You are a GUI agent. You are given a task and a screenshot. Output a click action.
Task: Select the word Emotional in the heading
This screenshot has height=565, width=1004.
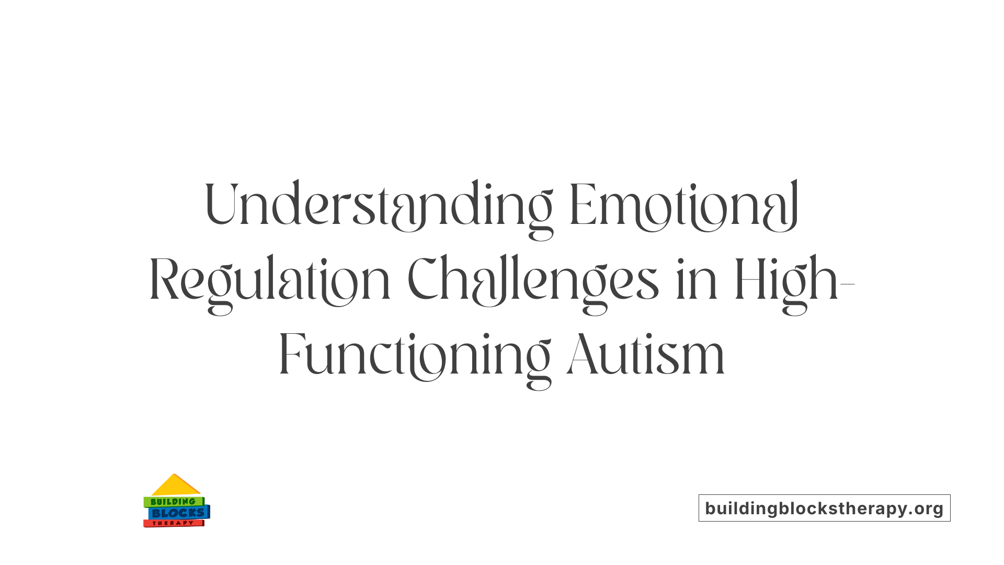click(684, 205)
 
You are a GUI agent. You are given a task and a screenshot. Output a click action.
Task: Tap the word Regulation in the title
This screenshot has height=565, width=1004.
click(270, 280)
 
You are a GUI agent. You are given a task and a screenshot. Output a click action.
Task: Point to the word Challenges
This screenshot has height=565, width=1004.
click(532, 280)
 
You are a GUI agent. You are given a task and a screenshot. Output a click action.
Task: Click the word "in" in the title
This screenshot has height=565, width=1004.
click(697, 280)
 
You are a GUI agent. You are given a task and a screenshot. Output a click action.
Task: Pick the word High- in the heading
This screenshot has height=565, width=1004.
click(794, 280)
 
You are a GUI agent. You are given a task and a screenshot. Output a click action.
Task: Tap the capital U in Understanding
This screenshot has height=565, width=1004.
click(221, 204)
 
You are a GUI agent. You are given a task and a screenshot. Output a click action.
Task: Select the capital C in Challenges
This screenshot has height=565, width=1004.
click(423, 279)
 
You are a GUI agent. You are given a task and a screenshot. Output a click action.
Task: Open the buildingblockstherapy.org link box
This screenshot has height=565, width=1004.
click(824, 508)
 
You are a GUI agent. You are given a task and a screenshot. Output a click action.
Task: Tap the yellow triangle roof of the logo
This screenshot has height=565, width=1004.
click(175, 486)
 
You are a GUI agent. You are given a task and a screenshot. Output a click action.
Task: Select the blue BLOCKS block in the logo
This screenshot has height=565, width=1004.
click(178, 513)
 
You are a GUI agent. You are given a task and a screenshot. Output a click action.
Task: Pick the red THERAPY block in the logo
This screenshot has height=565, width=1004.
click(173, 523)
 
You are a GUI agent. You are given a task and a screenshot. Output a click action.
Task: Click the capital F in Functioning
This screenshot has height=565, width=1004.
click(291, 355)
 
